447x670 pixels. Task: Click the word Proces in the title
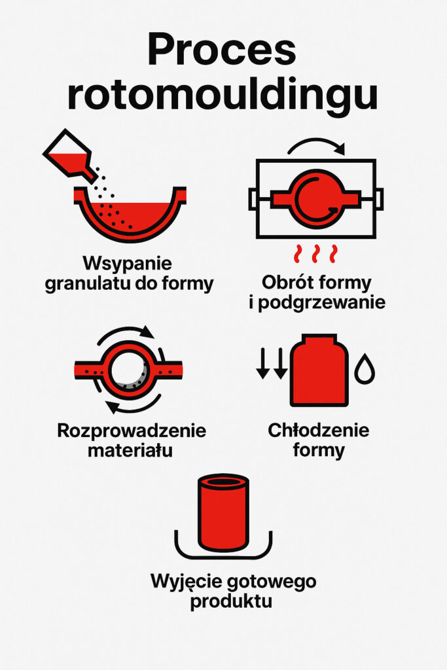pos(223,50)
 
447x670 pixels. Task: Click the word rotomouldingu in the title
pos(223,96)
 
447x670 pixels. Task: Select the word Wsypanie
pos(127,265)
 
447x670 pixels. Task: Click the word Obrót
pos(288,283)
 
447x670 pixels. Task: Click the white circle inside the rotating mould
pos(128,369)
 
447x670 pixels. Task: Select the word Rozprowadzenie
pos(132,431)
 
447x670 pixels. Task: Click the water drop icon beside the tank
pos(364,370)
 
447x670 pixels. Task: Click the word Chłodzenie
pos(319,431)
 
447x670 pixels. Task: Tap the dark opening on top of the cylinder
pos(223,482)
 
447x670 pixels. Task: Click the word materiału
pos(132,451)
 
